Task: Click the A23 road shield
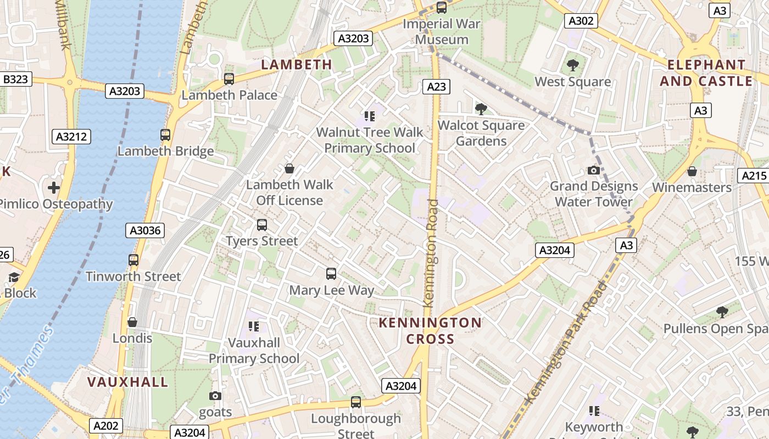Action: pyautogui.click(x=437, y=86)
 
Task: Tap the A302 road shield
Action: pyautogui.click(x=581, y=21)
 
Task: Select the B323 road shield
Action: pyautogui.click(x=15, y=80)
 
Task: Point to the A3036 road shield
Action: pyautogui.click(x=145, y=230)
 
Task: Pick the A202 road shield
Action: pyautogui.click(x=105, y=425)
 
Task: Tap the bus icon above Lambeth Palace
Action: pyautogui.click(x=229, y=79)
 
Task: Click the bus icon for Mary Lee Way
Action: pyautogui.click(x=331, y=274)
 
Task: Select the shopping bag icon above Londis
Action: pyautogui.click(x=132, y=322)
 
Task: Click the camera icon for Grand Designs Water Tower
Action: pyautogui.click(x=593, y=170)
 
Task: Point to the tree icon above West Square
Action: pyautogui.click(x=572, y=65)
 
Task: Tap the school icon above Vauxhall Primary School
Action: pyautogui.click(x=253, y=327)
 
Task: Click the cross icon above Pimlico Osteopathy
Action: pyautogui.click(x=53, y=188)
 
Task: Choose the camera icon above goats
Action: pyautogui.click(x=215, y=396)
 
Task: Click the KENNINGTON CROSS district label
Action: pyautogui.click(x=430, y=330)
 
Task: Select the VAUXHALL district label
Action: pyautogui.click(x=127, y=382)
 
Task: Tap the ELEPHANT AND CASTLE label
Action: pyautogui.click(x=706, y=72)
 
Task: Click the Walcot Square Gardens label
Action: pyautogui.click(x=481, y=133)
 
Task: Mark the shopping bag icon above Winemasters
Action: pyautogui.click(x=692, y=171)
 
